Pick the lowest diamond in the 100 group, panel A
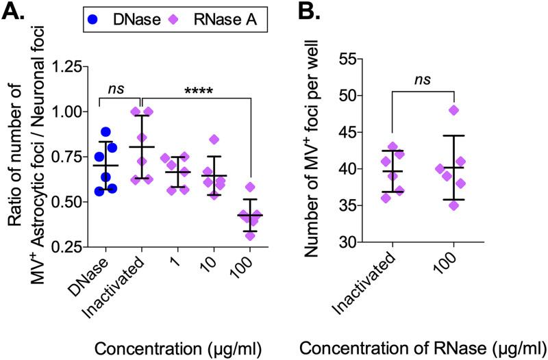pyautogui.click(x=251, y=235)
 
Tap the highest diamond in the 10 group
pyautogui.click(x=215, y=140)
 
